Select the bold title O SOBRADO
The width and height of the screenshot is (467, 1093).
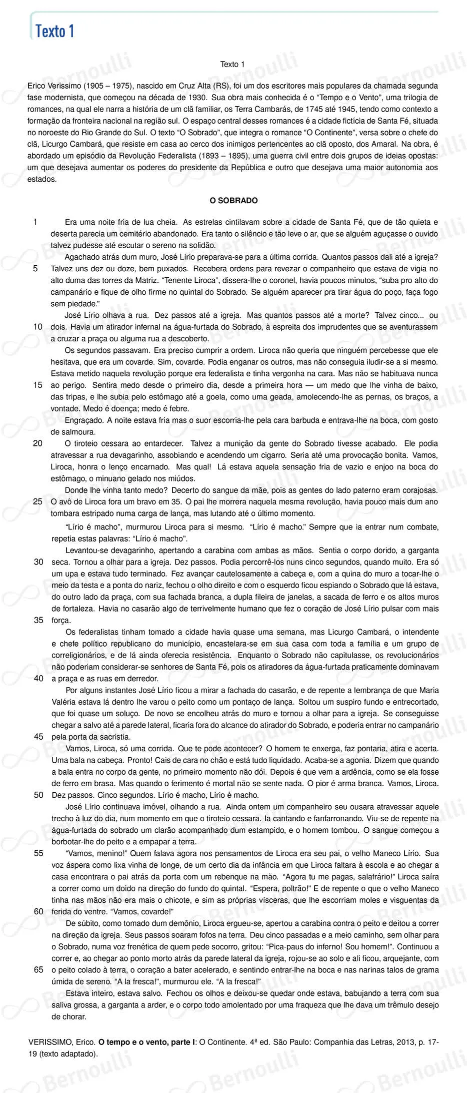click(x=233, y=201)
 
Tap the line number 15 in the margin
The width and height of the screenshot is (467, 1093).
click(x=38, y=385)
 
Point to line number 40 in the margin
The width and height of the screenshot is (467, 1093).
click(x=38, y=678)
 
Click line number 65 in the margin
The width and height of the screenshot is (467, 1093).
click(x=38, y=969)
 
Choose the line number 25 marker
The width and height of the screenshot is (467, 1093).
click(x=38, y=501)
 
